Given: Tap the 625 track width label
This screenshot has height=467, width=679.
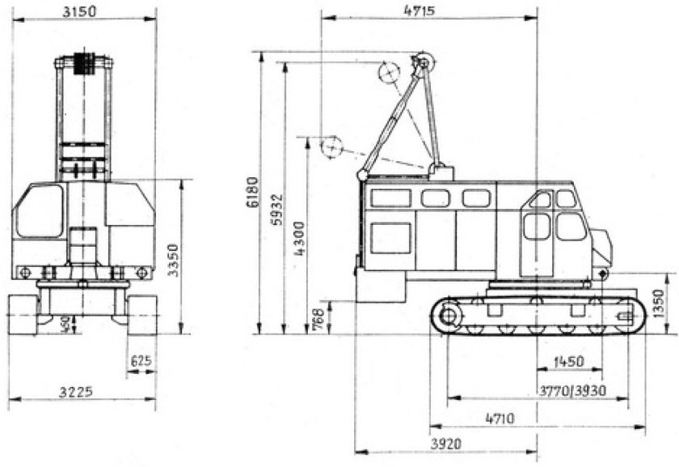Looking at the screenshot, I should [141, 360].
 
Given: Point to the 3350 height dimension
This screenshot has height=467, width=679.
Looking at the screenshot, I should [173, 257].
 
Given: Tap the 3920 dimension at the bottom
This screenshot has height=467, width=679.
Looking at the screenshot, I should [444, 444].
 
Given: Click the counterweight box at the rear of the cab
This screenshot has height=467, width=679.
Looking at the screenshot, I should [380, 285].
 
